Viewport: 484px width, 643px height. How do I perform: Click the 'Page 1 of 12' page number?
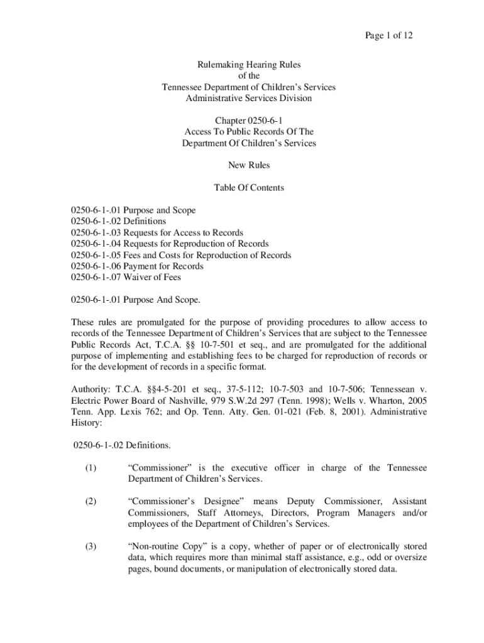tap(388, 35)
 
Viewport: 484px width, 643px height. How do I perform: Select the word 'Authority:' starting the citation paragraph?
tap(91, 389)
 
